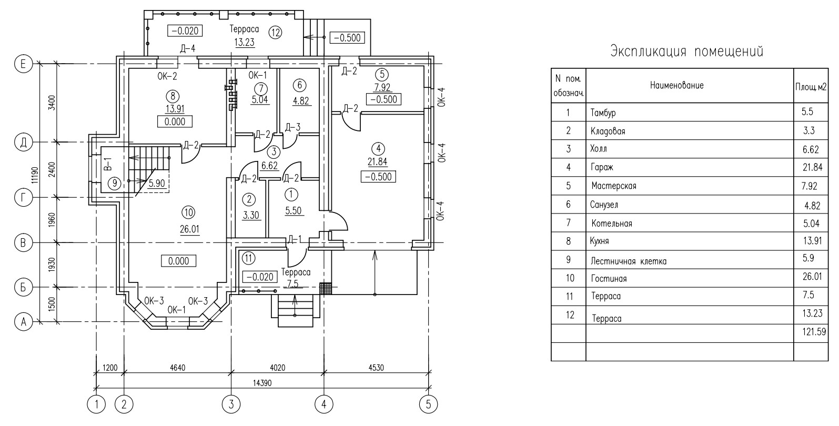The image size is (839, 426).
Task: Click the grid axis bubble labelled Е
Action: coord(23,64)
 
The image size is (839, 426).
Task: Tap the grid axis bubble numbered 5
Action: coord(429,404)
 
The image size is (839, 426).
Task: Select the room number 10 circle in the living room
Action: coord(188,212)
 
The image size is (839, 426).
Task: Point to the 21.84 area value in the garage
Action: coord(378,161)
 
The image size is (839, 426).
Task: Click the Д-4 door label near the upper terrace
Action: coord(188,49)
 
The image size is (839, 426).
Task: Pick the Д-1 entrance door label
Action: coord(295,239)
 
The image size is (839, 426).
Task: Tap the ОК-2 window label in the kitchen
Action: coord(167,76)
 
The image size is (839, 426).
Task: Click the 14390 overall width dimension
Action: coord(262,383)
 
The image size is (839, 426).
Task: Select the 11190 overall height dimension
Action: coord(35,175)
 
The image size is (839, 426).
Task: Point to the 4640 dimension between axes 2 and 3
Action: coord(178,368)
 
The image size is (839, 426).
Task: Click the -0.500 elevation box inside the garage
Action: coord(378,177)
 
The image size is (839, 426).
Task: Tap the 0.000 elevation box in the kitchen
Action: coord(175,121)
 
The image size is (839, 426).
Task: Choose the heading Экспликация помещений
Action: coord(686,52)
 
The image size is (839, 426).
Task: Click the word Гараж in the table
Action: coord(602,167)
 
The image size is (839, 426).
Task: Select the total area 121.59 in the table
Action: coord(814,332)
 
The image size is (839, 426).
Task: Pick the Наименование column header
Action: coord(676,85)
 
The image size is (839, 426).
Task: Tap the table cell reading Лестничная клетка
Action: coord(629,261)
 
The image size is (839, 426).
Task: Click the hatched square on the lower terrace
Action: coord(326,289)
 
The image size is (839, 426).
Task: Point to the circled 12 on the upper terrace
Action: coord(275,33)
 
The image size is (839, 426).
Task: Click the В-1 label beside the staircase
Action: coord(107,164)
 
